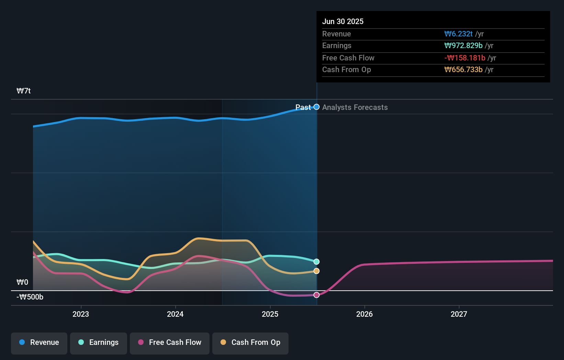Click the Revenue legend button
point(39,342)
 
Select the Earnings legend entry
point(99,342)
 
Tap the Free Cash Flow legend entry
point(170,342)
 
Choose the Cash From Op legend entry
point(250,342)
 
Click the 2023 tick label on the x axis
point(81,314)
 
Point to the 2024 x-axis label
point(175,314)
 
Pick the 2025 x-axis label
point(270,314)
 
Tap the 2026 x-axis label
point(364,314)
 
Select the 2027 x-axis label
point(459,314)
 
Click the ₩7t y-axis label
point(24,91)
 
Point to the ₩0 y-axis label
point(22,282)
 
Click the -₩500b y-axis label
point(30,297)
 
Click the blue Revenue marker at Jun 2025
point(317,107)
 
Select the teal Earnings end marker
point(317,262)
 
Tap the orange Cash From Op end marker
point(317,271)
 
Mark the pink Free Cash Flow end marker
point(317,295)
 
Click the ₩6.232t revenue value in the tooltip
point(459,34)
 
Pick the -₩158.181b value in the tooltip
point(465,58)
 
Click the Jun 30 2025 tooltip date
point(343,22)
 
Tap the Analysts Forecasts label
point(355,108)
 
